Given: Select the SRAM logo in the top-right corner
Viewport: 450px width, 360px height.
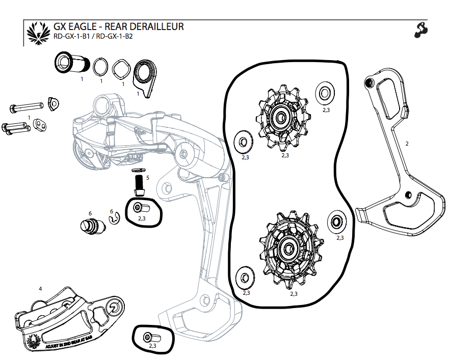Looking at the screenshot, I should coord(420,31).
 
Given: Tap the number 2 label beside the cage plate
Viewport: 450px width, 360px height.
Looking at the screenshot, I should coord(407,144).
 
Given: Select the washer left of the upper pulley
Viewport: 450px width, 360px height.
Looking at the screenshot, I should coord(242,142).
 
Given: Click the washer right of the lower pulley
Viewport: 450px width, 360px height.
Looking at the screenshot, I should coord(336,222).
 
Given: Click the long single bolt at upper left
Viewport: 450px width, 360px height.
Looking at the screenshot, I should coord(24,107).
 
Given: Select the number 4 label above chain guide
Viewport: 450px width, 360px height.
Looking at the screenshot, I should coord(41,289).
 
